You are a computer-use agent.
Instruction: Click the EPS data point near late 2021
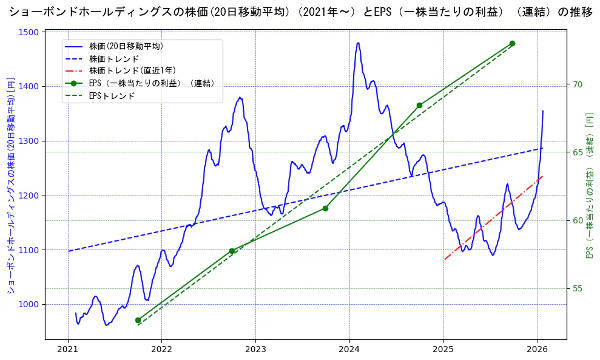pyautogui.click(x=138, y=320)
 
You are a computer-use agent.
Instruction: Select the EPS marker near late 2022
pyautogui.click(x=232, y=251)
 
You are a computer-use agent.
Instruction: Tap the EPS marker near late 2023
pyautogui.click(x=325, y=208)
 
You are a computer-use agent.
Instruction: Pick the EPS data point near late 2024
pyautogui.click(x=419, y=105)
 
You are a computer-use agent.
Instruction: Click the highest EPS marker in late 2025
pyautogui.click(x=512, y=44)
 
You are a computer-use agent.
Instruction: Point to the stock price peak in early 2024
pyautogui.click(x=358, y=43)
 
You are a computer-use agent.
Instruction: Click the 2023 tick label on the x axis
pyautogui.click(x=255, y=349)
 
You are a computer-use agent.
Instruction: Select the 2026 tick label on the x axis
pyautogui.click(x=538, y=349)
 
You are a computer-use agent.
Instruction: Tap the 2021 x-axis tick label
pyautogui.click(x=68, y=349)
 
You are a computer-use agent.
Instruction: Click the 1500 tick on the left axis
pyautogui.click(x=31, y=32)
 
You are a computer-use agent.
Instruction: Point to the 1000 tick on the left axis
pyautogui.click(x=31, y=304)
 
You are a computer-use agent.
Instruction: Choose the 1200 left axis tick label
pyautogui.click(x=31, y=195)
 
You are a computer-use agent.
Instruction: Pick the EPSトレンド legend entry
pyautogui.click(x=112, y=96)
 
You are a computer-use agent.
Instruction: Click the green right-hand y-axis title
pyautogui.click(x=589, y=185)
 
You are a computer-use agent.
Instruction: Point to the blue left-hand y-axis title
pyautogui.click(x=10, y=185)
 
